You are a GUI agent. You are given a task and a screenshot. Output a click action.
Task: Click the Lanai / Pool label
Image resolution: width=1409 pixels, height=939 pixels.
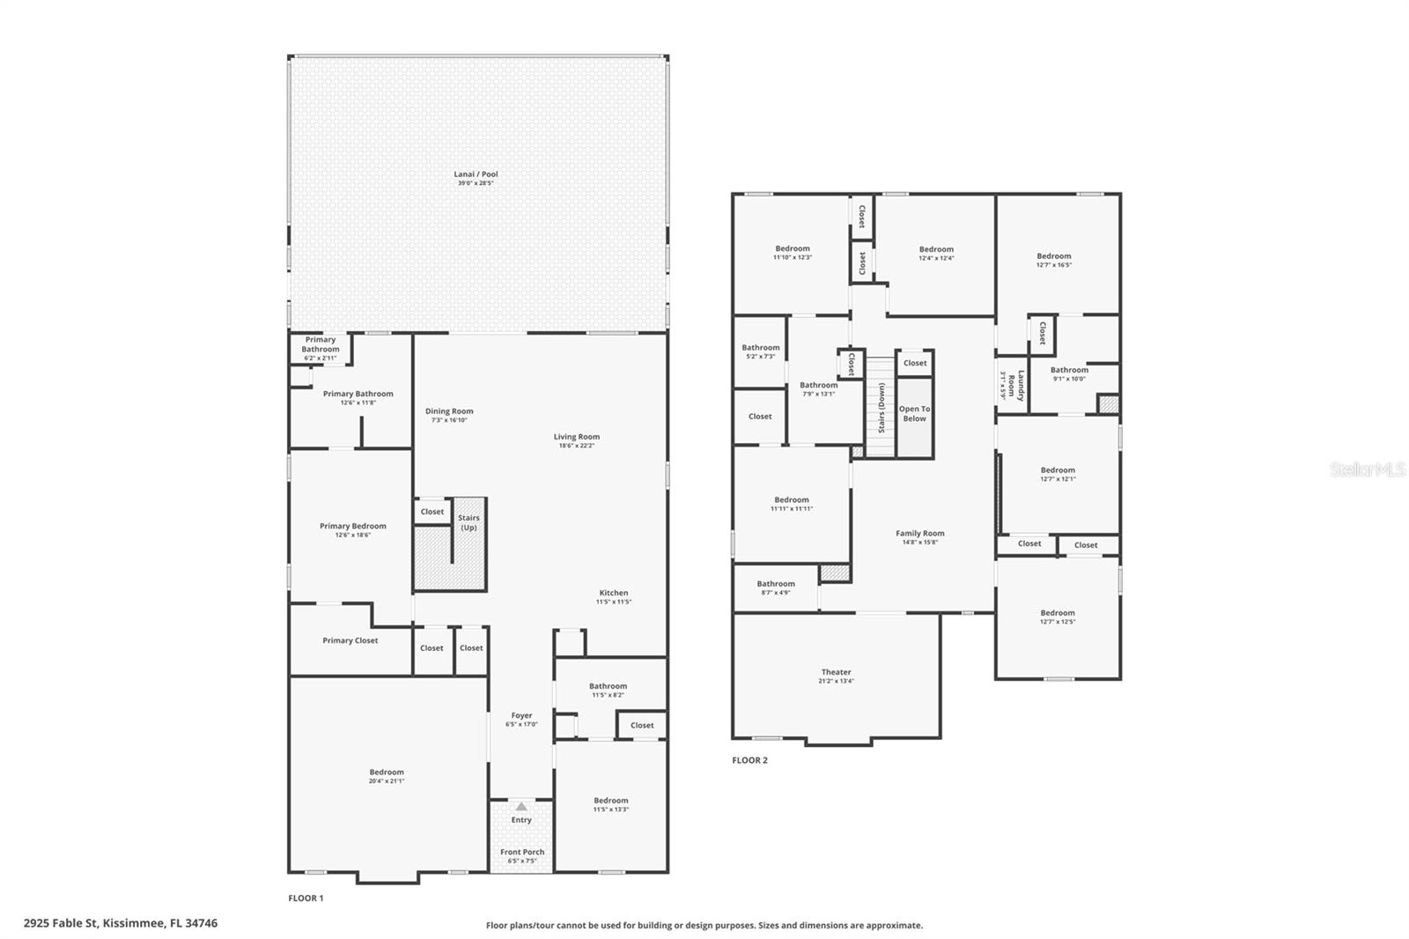click(476, 174)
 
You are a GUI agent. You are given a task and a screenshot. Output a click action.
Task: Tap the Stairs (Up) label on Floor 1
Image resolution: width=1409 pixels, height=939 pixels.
click(468, 523)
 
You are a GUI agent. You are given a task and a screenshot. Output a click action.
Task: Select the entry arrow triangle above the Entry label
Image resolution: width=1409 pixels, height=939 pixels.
click(521, 806)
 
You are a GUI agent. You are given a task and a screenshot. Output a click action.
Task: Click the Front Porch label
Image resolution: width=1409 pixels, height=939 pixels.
click(522, 852)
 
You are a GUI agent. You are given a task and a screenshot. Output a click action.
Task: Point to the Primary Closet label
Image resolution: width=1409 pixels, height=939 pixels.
click(350, 640)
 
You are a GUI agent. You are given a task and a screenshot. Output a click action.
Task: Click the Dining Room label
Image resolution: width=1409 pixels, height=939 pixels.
click(449, 411)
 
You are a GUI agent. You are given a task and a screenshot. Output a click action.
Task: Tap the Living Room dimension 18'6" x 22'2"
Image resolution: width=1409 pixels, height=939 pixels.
click(577, 446)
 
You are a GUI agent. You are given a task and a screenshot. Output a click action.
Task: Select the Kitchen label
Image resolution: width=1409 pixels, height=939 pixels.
click(614, 593)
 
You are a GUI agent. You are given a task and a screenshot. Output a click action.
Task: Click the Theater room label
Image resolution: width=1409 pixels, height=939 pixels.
click(836, 672)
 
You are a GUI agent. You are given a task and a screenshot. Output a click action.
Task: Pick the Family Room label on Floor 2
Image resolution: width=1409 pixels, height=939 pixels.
click(920, 533)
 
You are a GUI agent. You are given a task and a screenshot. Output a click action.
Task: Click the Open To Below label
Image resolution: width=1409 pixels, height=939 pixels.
click(914, 414)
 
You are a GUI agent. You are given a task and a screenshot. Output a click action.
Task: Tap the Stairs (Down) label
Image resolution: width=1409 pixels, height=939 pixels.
click(882, 408)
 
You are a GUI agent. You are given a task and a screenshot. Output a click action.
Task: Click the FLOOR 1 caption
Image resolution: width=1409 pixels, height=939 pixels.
click(306, 898)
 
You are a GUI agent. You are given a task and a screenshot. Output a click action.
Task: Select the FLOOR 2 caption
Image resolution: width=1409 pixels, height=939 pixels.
click(749, 760)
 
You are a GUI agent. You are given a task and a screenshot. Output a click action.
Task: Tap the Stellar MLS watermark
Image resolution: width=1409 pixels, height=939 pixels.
click(1367, 469)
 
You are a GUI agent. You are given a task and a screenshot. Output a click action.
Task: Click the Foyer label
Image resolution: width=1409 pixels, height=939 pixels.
click(521, 715)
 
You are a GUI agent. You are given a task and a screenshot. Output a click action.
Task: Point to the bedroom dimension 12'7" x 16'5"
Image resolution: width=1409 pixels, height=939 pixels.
click(1053, 265)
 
